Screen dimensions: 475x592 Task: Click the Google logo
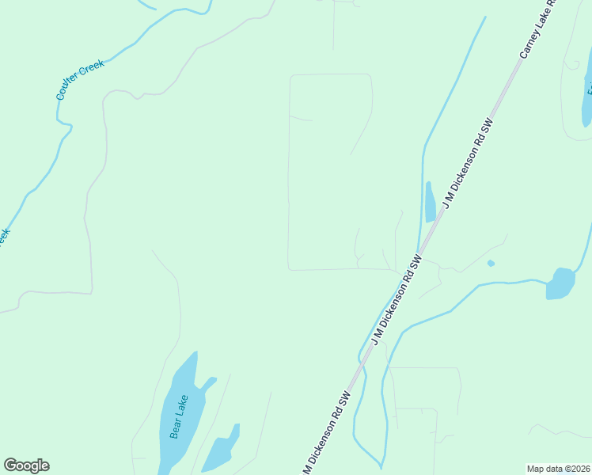(x=26, y=465)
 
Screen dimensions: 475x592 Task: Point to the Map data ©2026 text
(x=558, y=469)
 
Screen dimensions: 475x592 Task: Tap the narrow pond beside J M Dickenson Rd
(x=430, y=203)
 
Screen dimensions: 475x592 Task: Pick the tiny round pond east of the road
(x=491, y=263)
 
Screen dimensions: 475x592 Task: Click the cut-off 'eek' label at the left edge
(x=3, y=236)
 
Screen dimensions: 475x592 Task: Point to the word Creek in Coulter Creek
(x=93, y=70)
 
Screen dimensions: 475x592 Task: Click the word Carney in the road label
(x=528, y=47)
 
